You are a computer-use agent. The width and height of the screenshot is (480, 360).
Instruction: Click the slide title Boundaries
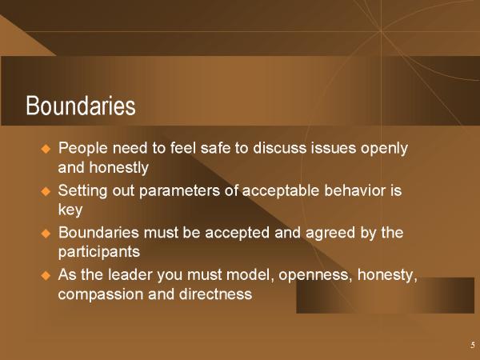81,106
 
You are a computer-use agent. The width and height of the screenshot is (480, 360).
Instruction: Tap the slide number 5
473,345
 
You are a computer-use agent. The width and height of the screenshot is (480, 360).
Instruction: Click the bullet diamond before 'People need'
46,149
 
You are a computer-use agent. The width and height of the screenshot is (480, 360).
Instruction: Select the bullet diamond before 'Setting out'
46,192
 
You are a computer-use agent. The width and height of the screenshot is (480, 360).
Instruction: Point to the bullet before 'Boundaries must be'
46,234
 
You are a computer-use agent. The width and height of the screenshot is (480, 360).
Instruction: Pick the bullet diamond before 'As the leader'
46,275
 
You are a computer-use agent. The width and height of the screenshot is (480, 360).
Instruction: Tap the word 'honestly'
118,168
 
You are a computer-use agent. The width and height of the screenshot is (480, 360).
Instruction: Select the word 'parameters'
179,191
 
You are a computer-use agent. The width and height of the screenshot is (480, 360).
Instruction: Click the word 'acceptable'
281,190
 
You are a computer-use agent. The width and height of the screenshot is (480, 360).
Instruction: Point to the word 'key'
70,210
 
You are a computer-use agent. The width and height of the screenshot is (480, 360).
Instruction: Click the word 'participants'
99,252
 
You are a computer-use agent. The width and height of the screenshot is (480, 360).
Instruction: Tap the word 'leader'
130,274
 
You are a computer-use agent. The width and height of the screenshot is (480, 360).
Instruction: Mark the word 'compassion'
101,294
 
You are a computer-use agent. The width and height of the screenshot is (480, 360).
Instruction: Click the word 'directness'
215,294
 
